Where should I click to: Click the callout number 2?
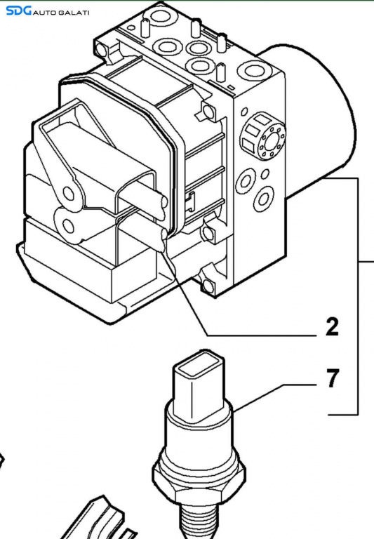(332, 327)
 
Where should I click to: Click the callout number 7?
(332, 378)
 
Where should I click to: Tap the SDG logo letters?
(19, 11)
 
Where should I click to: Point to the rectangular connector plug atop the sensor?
(199, 385)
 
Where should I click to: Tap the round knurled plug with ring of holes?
(264, 135)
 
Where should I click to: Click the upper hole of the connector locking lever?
(68, 194)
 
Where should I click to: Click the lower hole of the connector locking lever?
(68, 227)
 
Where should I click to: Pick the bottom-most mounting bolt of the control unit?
(208, 286)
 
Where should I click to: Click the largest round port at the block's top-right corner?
(253, 70)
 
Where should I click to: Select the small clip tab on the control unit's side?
(189, 202)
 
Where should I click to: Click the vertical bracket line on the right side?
(358, 296)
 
